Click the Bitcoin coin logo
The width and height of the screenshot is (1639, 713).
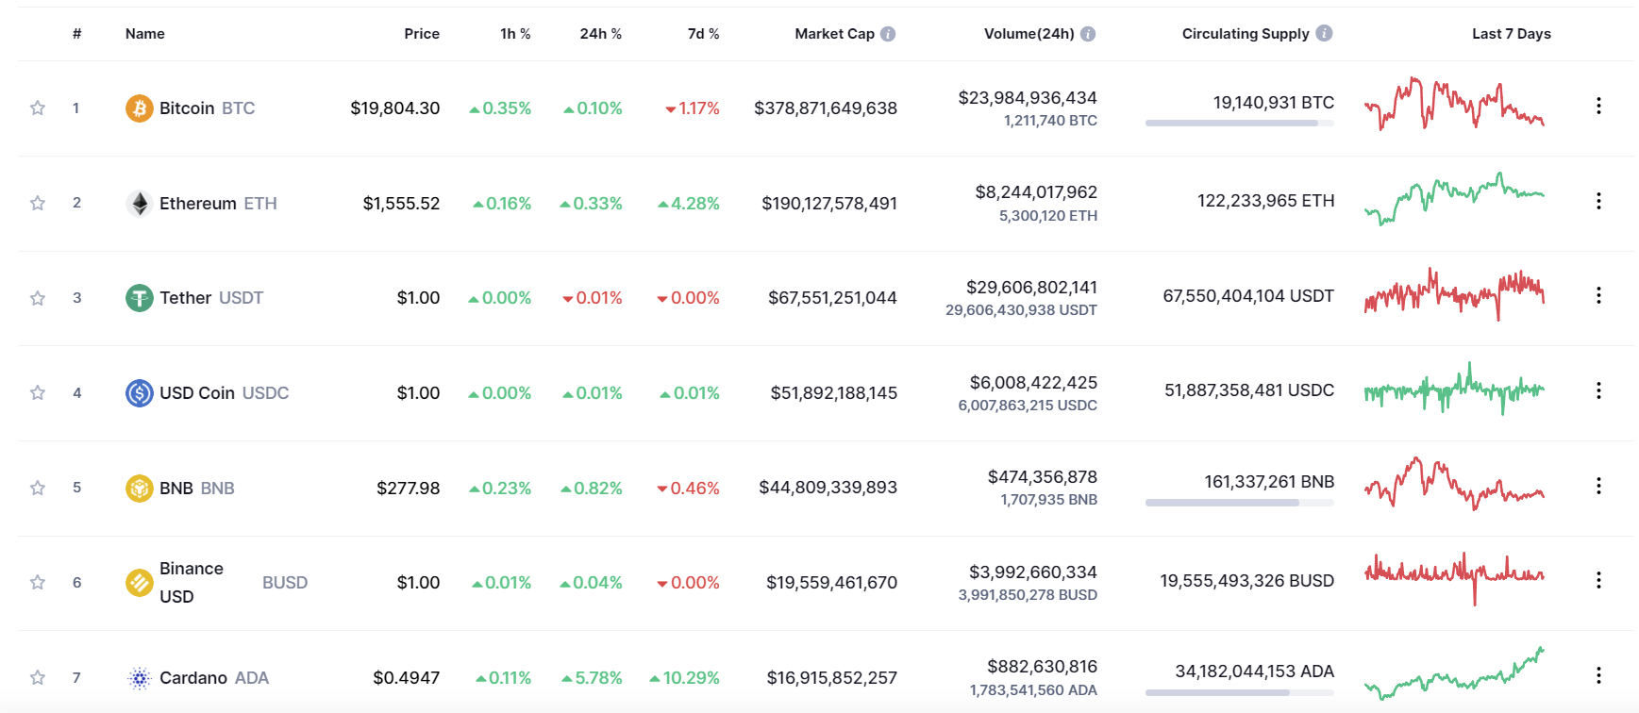click(139, 108)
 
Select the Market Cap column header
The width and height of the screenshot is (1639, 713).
click(834, 34)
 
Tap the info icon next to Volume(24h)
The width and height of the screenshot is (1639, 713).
click(1088, 34)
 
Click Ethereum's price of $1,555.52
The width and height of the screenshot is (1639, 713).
click(401, 204)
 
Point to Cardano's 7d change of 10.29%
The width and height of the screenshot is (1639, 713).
click(691, 678)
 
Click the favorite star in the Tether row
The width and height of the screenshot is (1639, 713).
click(38, 298)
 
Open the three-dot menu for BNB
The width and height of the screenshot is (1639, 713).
click(1598, 486)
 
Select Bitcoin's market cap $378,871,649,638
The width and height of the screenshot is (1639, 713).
click(825, 108)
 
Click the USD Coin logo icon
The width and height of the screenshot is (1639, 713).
click(139, 392)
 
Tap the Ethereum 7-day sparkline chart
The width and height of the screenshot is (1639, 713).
click(1454, 199)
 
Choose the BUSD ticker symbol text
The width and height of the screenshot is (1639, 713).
click(285, 583)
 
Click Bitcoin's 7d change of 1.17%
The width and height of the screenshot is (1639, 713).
click(698, 108)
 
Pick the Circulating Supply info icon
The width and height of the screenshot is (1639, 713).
click(1324, 33)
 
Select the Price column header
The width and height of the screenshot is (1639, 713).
click(422, 34)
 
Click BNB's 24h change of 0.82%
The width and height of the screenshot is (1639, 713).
click(597, 489)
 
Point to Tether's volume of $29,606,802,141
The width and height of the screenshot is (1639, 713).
click(1031, 288)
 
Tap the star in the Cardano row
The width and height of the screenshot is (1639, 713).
click(38, 677)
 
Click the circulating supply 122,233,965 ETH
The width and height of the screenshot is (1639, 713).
click(1265, 201)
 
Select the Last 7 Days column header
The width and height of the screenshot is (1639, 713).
click(1511, 34)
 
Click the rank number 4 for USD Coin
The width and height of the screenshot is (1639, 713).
click(77, 392)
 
